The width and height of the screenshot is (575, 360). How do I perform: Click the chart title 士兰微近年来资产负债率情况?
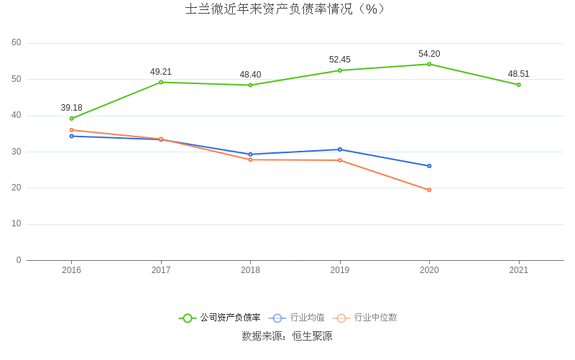click(286, 9)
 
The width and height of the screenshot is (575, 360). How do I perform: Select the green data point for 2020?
click(429, 64)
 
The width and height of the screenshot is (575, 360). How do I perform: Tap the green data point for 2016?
click(72, 119)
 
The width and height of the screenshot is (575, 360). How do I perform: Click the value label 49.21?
click(161, 72)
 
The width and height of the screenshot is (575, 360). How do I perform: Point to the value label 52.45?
click(340, 60)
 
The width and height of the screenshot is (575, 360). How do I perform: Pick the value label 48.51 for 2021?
click(518, 74)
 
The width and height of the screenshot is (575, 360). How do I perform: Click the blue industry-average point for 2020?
click(429, 166)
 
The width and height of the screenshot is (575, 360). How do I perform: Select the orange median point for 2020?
click(429, 190)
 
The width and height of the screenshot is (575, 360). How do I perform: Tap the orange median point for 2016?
click(72, 130)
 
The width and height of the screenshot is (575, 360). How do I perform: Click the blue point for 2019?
click(340, 149)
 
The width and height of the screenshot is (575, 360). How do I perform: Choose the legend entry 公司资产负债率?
click(220, 318)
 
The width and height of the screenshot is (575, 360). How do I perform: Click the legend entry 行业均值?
click(298, 318)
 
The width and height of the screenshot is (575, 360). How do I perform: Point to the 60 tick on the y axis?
click(17, 43)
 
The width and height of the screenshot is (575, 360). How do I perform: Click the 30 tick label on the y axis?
click(17, 152)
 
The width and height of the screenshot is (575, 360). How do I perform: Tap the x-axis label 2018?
click(250, 270)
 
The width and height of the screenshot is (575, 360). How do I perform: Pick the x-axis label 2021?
click(518, 270)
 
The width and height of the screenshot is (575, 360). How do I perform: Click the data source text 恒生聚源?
click(312, 336)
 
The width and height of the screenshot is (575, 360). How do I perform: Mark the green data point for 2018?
click(250, 85)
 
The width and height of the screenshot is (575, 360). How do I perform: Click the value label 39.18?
click(72, 108)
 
